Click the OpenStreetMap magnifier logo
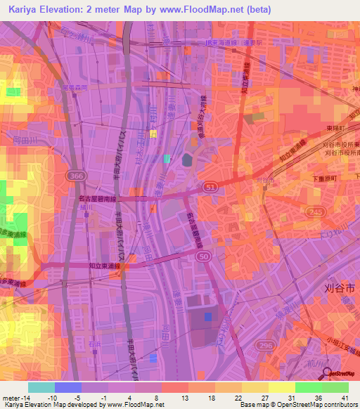coord(327,373)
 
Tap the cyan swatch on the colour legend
coord(41,387)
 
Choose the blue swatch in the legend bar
coord(67,387)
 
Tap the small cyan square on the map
coord(167,159)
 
